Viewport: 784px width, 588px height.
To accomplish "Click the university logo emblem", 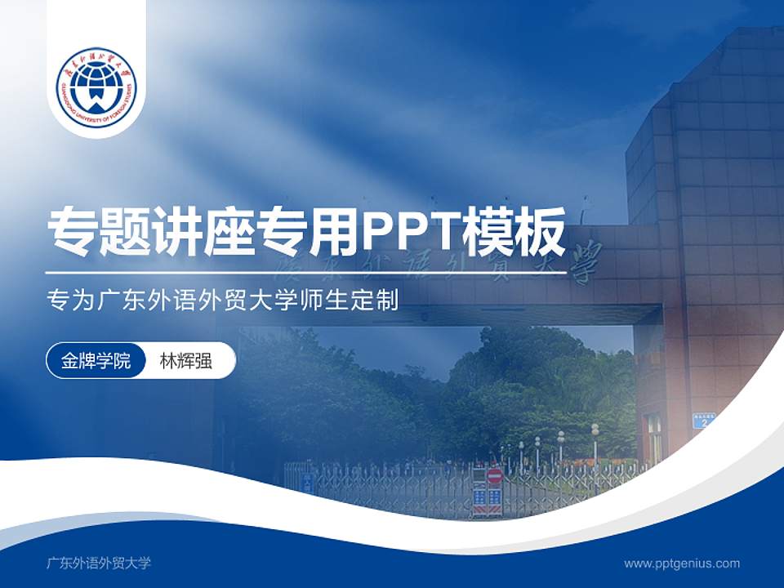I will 96,87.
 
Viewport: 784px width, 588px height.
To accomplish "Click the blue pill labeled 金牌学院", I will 96,361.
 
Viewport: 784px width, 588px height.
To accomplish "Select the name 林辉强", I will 186,361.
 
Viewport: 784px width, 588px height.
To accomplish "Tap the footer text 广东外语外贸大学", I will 99,563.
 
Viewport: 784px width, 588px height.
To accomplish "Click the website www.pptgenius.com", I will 682,563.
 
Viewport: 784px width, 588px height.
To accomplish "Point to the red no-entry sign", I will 494,476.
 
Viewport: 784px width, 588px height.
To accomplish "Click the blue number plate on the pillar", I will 704,420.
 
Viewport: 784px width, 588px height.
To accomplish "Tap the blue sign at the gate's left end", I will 307,482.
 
